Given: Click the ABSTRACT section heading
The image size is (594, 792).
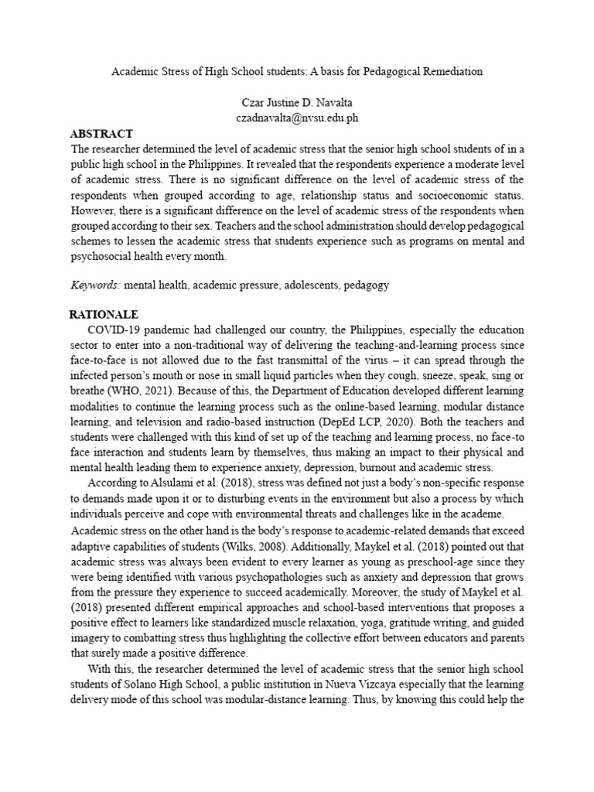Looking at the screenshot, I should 101,134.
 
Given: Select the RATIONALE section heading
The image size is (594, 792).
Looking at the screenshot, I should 104,315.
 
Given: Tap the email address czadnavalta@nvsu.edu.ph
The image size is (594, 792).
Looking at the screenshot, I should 297,118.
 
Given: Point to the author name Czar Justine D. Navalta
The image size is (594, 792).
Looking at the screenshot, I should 297,102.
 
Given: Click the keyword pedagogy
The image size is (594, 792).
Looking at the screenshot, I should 367,285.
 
